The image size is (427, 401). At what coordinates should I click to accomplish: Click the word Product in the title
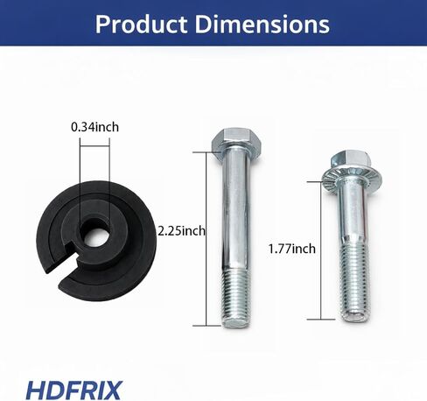[141, 25]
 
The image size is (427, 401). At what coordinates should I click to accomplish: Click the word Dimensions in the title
[262, 25]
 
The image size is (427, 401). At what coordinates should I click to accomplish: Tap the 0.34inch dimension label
[95, 127]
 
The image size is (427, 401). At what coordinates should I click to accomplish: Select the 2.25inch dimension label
[181, 231]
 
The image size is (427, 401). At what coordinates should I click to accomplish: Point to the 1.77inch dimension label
[291, 249]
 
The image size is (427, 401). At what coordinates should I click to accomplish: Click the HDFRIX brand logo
[74, 390]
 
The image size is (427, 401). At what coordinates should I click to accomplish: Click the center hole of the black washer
[94, 233]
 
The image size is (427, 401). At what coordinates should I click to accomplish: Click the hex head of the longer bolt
[235, 139]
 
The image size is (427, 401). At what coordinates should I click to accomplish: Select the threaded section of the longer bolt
[236, 298]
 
